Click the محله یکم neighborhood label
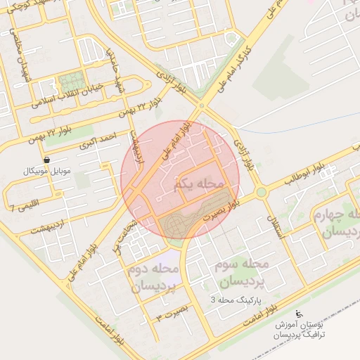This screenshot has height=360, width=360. (201, 184)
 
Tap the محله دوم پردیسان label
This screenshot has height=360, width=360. (154, 278)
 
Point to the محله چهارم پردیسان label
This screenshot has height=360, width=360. (338, 222)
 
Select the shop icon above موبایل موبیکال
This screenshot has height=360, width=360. (46, 160)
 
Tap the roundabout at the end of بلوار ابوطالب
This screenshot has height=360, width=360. (262, 192)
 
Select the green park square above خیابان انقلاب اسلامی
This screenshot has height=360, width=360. (70, 79)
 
